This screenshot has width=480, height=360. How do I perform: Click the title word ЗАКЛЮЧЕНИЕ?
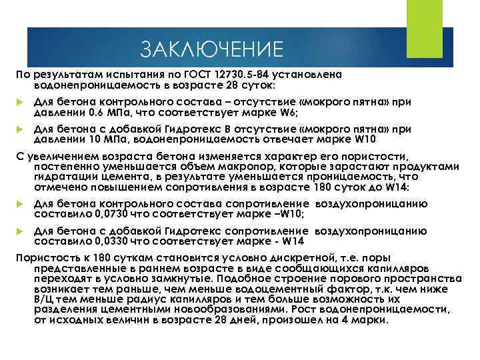(x=212, y=49)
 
